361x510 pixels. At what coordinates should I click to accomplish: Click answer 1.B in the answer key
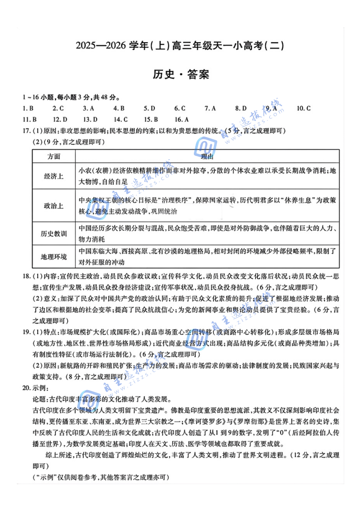coord(28,108)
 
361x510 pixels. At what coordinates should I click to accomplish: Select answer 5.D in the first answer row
coord(149,108)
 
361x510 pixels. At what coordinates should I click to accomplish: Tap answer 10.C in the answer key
coord(303,108)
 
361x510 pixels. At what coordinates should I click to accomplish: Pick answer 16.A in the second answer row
coord(180,119)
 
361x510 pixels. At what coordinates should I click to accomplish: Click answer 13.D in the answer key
coord(90,119)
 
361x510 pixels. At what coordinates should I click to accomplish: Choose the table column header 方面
coord(53,157)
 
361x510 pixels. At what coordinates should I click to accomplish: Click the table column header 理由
coord(207,157)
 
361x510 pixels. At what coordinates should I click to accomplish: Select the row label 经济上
coord(54,177)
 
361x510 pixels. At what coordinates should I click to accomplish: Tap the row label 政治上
coord(54,206)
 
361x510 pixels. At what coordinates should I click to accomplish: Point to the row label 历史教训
coord(54,234)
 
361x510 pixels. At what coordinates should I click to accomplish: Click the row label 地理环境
coord(54,257)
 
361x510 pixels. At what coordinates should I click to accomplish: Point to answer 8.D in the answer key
coord(241,108)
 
